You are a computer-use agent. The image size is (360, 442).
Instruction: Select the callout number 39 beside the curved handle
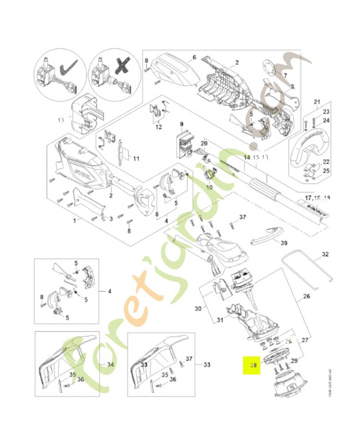(x=284, y=243)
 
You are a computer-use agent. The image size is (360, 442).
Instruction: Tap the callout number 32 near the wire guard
(x=325, y=254)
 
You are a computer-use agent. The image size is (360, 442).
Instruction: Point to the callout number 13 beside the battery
(x=61, y=119)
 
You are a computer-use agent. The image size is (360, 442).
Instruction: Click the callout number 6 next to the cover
(x=194, y=57)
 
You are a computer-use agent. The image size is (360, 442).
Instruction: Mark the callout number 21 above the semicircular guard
(x=316, y=102)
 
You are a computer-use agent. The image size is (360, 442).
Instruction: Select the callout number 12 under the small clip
(x=158, y=127)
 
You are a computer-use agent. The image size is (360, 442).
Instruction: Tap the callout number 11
(x=135, y=159)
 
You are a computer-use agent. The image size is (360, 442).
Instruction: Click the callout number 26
(x=306, y=296)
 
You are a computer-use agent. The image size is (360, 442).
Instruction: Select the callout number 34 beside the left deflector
(x=110, y=365)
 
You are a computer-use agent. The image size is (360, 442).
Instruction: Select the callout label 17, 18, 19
(x=317, y=197)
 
